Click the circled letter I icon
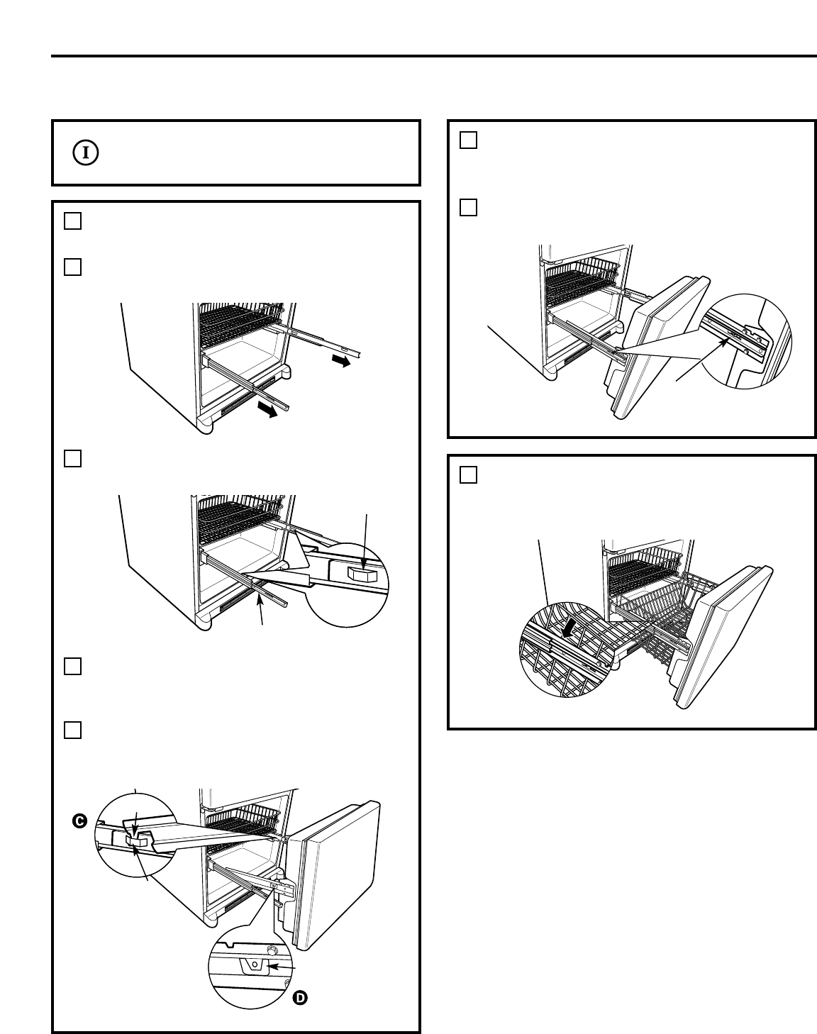pyautogui.click(x=85, y=152)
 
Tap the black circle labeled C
pyautogui.click(x=80, y=821)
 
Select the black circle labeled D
pyautogui.click(x=300, y=998)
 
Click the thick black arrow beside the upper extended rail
pyautogui.click(x=341, y=362)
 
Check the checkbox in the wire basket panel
pyautogui.click(x=469, y=474)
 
